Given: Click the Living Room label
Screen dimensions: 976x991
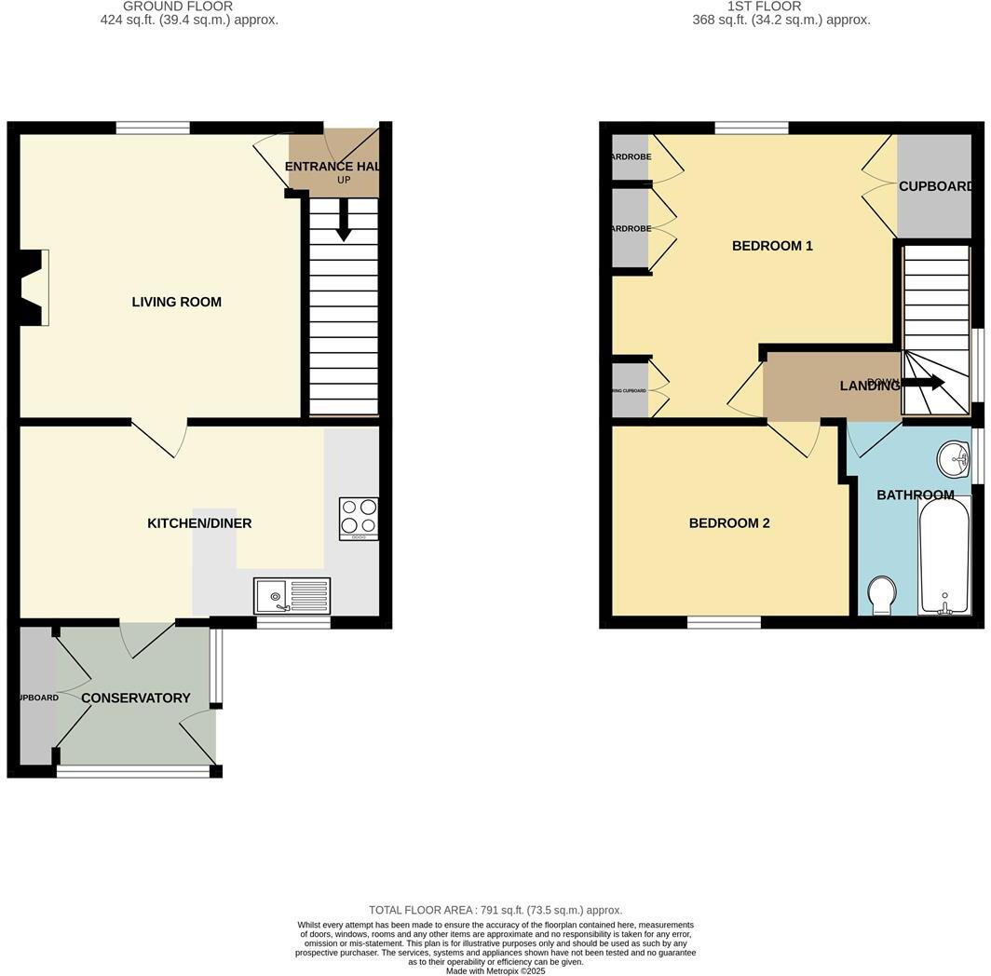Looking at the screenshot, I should pos(176,302).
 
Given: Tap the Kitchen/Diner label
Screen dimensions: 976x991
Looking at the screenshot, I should pos(199,523).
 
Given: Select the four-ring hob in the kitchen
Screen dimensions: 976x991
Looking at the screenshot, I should pos(359,518).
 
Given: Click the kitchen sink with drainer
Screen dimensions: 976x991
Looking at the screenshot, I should pos(292,595).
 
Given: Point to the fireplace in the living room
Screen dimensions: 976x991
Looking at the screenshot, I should pos(34,288).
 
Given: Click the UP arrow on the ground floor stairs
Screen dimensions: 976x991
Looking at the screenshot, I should pos(344,222).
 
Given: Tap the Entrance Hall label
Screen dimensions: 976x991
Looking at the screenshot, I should pos(332,167).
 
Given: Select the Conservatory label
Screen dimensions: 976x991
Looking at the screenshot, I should pos(135,698).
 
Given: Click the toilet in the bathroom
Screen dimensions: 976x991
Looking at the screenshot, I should pos(880,595).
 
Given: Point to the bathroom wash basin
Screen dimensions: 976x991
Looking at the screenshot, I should pos(953,458).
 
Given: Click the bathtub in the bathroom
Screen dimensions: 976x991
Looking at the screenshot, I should pos(944,556).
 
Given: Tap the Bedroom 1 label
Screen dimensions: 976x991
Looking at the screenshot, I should pos(772,246).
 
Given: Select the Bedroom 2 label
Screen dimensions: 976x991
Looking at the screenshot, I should pos(729,523).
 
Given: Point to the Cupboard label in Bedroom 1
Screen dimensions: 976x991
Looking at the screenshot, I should pos(935,186).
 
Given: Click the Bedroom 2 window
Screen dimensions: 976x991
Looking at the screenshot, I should pos(724,622).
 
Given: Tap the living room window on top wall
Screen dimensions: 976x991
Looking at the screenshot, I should pos(153,128).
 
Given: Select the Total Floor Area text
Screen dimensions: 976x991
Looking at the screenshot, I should pos(495,910).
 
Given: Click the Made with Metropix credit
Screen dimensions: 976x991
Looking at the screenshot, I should pos(495,971).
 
